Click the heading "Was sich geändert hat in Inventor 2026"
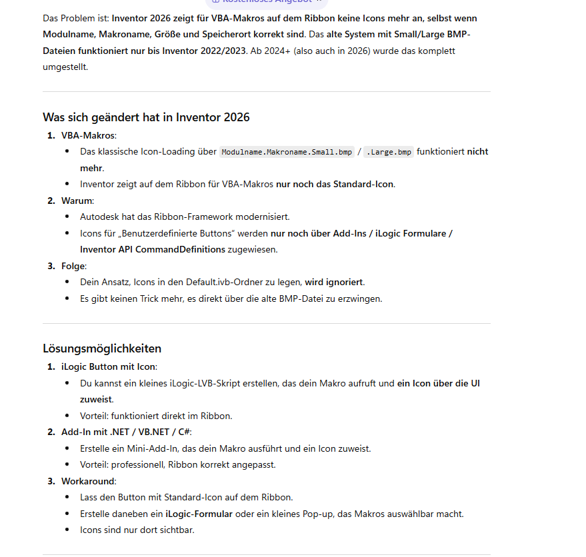pos(146,117)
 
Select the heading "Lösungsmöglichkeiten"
pos(102,348)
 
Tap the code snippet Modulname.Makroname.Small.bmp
pos(287,152)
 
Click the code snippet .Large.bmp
pos(389,152)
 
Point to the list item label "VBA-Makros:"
pos(89,135)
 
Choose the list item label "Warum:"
pos(77,201)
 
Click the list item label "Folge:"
pos(76,266)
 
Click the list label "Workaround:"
pos(89,481)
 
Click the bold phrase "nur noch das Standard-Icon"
pos(335,184)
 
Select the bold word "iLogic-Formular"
pos(199,514)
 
